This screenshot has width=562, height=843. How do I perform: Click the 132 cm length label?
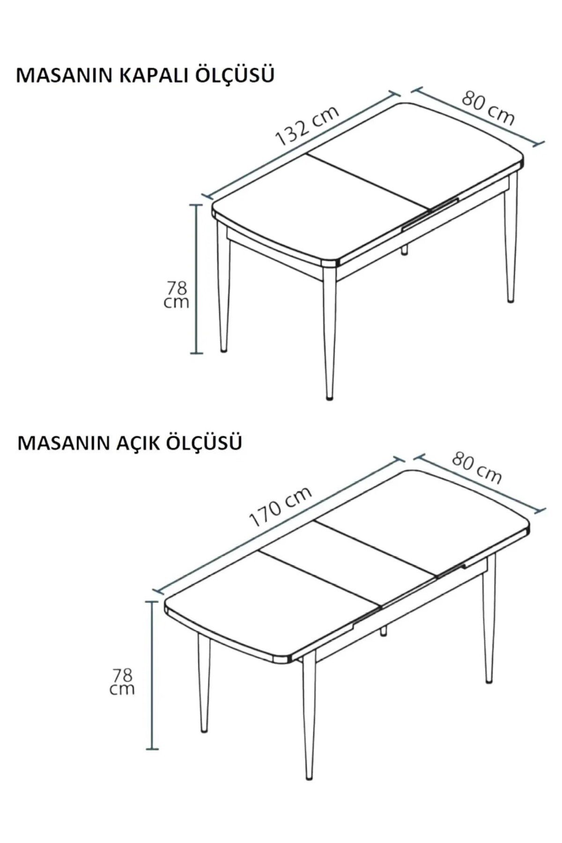307,125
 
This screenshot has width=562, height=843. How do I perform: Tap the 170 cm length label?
280,506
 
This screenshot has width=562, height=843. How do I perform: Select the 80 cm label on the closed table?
488,108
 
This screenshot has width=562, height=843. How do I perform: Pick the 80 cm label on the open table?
477,468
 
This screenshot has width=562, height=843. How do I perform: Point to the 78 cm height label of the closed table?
177,295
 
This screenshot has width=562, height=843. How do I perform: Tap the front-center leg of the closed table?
330,333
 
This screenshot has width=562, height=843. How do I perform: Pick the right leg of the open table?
488,618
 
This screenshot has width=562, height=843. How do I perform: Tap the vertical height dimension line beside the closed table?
196,279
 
